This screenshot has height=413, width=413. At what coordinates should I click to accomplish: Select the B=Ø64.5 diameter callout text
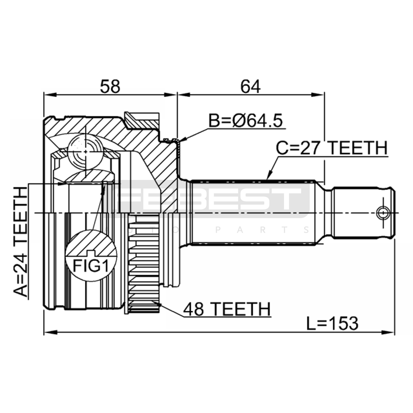(245, 121)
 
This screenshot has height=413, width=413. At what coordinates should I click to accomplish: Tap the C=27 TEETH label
(332, 148)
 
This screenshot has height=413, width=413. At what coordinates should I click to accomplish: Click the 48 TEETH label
(227, 309)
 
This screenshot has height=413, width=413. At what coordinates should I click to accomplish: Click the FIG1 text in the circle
(91, 266)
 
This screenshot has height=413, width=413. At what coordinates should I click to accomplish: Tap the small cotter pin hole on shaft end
(383, 213)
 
